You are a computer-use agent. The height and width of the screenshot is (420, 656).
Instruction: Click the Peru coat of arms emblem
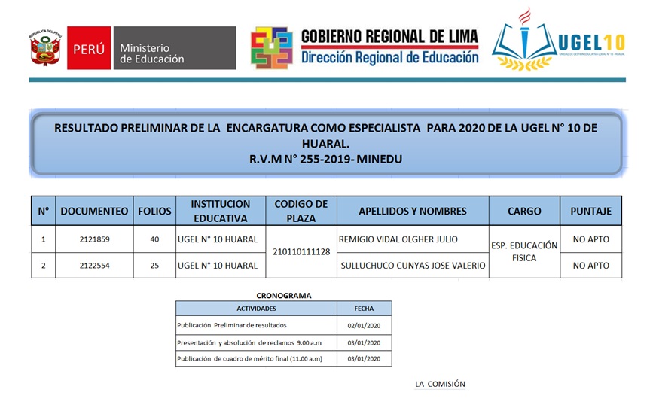[x=44, y=49]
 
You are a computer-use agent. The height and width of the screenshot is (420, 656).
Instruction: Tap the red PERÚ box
[x=89, y=49]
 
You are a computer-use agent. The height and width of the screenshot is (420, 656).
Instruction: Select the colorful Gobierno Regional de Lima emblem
[x=271, y=48]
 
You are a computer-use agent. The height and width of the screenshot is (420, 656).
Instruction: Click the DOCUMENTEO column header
[x=94, y=212]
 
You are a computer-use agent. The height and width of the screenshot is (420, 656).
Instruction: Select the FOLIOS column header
[x=154, y=212]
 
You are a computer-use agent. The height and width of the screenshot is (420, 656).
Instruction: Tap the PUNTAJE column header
[x=590, y=212]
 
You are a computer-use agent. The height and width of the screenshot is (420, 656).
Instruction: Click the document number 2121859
[x=94, y=239]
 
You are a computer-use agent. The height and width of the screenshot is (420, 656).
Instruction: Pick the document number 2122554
[x=94, y=266]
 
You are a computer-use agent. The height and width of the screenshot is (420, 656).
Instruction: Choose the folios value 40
[x=154, y=239]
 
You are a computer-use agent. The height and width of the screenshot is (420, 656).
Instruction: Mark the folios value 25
[x=154, y=266]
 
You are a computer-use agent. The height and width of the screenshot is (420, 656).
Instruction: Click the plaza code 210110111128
[x=301, y=252]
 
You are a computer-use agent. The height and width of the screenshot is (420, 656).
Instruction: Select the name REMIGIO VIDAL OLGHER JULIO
[x=398, y=239]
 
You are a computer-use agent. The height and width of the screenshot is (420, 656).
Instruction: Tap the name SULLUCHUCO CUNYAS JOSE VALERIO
[x=413, y=266]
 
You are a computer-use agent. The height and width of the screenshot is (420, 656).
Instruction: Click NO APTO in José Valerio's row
[x=590, y=266]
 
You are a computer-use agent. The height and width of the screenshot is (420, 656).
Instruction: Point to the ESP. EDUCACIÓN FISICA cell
[x=524, y=252]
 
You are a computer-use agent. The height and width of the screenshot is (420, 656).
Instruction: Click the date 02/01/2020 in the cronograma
[x=363, y=325]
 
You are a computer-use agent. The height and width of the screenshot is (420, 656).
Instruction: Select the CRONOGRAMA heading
[x=283, y=296]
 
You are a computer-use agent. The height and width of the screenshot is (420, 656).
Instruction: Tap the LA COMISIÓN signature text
[x=440, y=385]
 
